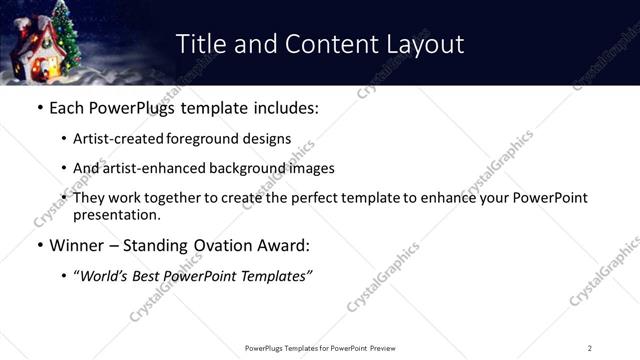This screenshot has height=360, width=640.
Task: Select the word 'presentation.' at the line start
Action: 116,215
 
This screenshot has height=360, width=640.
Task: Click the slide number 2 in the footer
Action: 589,348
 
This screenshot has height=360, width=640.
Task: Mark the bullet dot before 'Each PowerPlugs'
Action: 39,106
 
